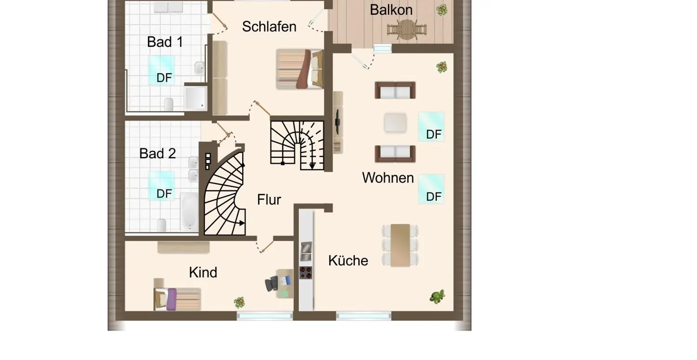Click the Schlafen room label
coord(269,26)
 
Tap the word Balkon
coord(391,10)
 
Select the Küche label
coord(348,261)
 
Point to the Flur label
coord(269,200)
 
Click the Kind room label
coord(203,272)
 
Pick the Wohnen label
coord(388,177)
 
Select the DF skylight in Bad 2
coord(162,186)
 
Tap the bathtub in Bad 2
coord(189,211)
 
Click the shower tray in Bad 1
coord(196,98)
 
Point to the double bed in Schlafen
coord(299,69)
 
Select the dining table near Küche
coord(400,245)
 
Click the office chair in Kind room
coord(273,283)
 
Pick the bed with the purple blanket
coord(178,299)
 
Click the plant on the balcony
coord(442,10)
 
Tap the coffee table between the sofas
coord(395,123)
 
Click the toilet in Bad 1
coord(169,104)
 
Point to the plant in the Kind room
coord(239,302)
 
